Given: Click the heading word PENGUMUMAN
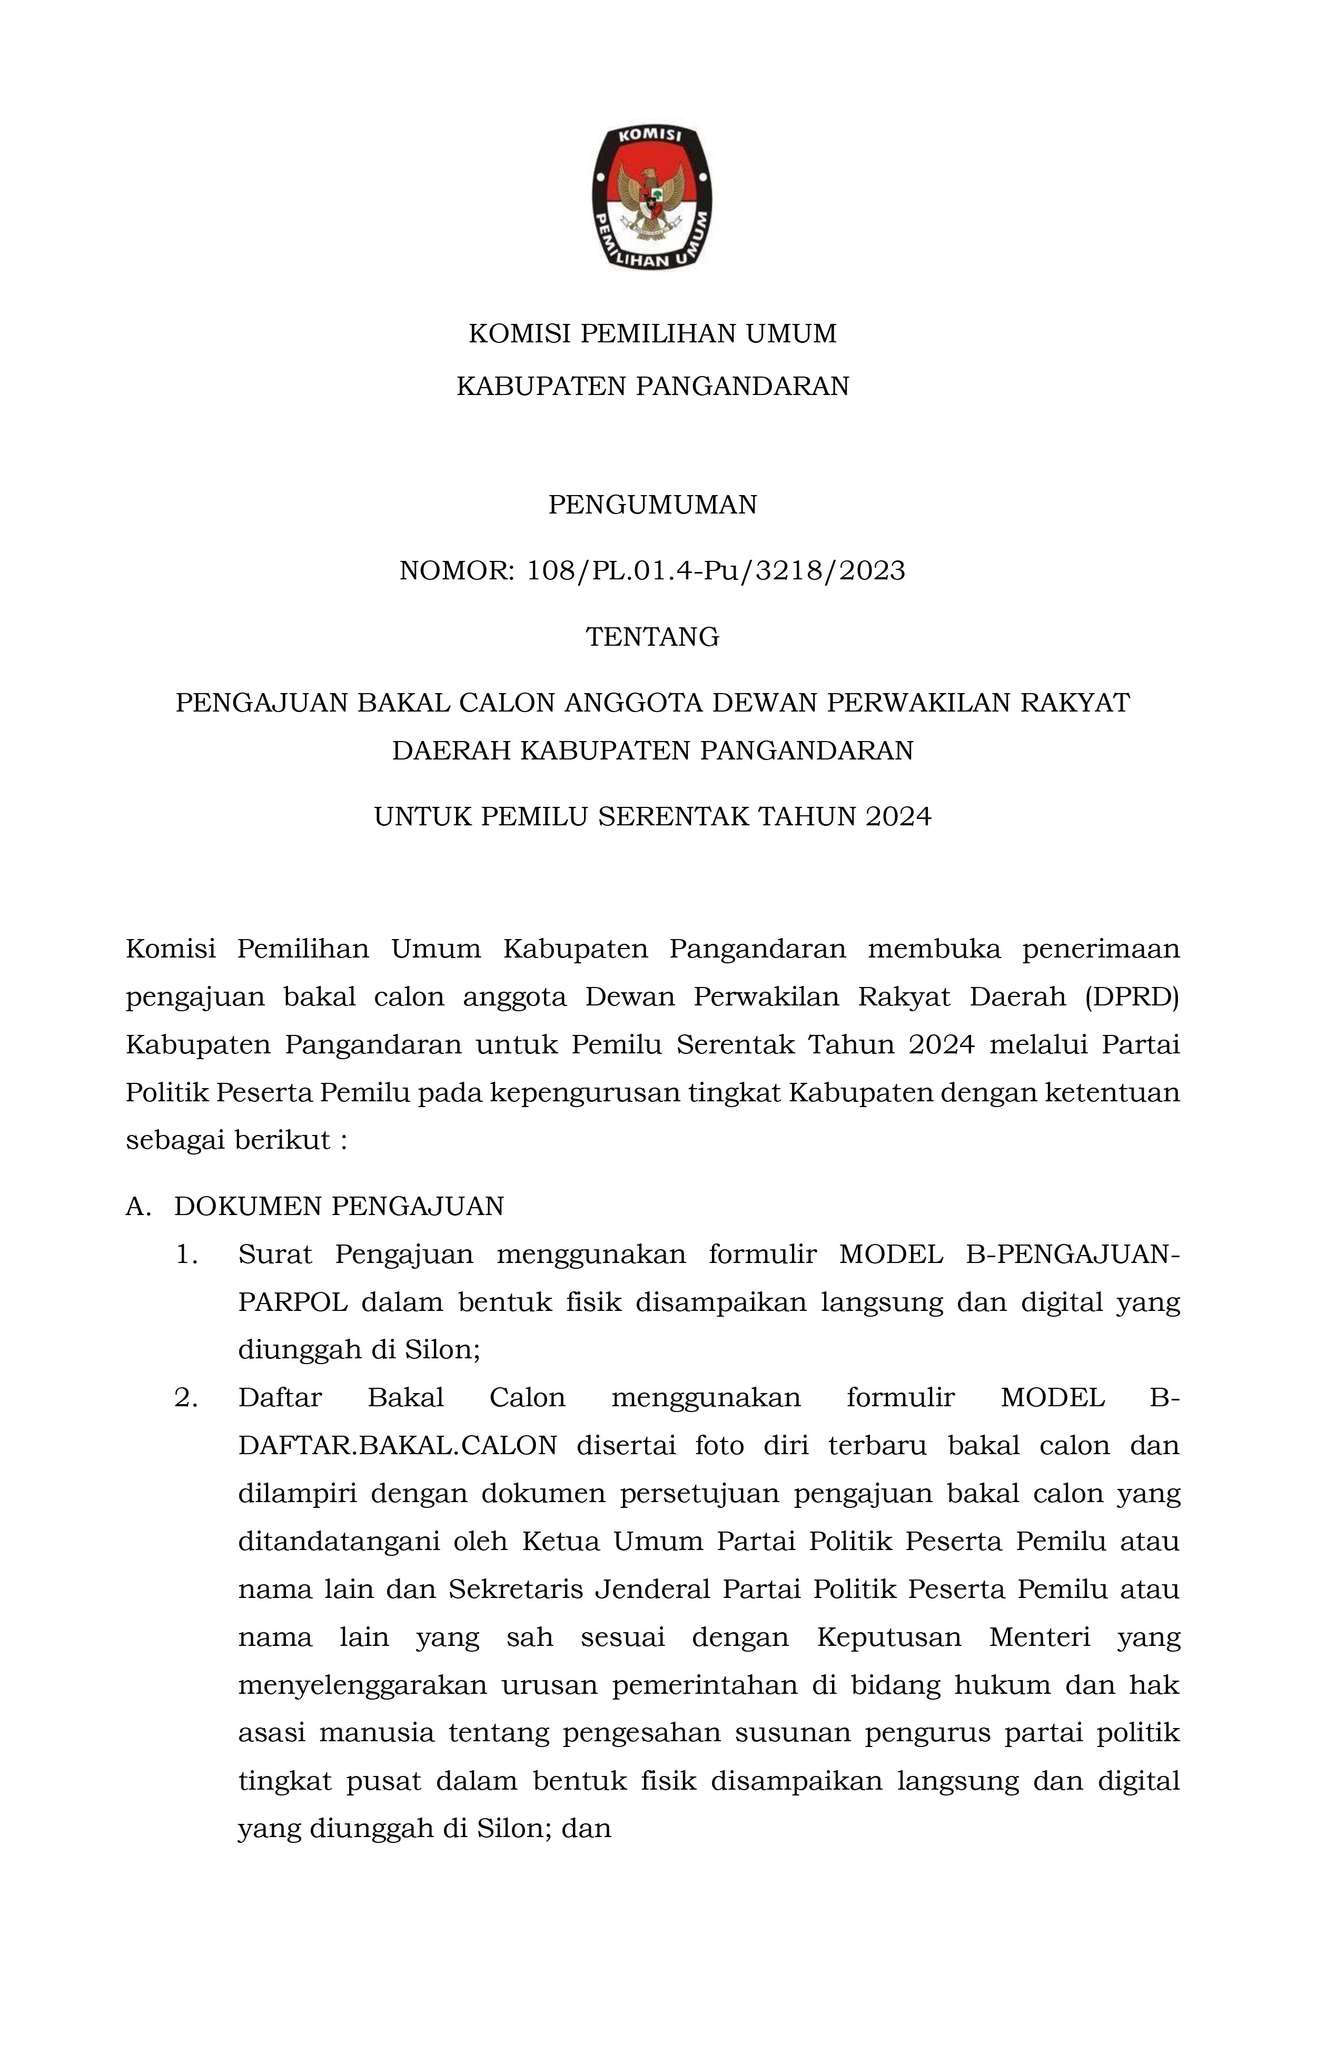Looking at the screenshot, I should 652,505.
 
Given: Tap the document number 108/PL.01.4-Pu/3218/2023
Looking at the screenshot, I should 716,571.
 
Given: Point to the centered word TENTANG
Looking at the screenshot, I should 652,637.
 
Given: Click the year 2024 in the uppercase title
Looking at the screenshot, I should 898,816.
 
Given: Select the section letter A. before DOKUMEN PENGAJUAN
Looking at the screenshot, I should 138,1206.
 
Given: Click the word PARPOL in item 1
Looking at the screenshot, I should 292,1301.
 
